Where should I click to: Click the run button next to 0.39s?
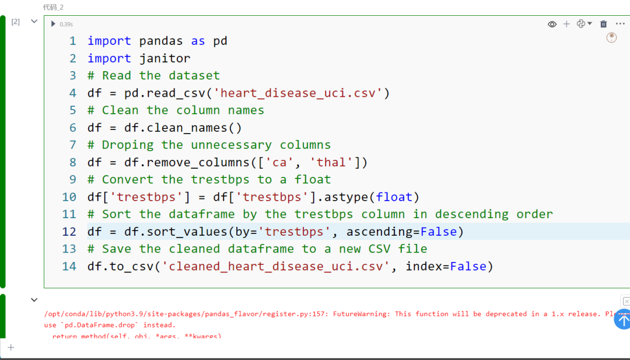click(x=53, y=24)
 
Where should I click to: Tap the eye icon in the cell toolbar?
click(x=552, y=24)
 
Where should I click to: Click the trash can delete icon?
click(x=603, y=24)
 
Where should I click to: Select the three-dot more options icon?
click(x=620, y=24)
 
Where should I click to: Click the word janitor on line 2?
click(x=164, y=58)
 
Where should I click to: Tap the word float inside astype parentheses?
click(x=397, y=197)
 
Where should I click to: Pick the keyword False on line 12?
click(x=438, y=232)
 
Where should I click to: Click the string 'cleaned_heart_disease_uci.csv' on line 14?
click(x=275, y=266)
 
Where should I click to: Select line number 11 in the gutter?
click(x=69, y=214)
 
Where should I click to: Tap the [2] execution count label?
click(x=16, y=22)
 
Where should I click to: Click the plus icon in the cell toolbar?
click(x=566, y=24)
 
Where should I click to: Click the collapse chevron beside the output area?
click(x=34, y=300)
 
